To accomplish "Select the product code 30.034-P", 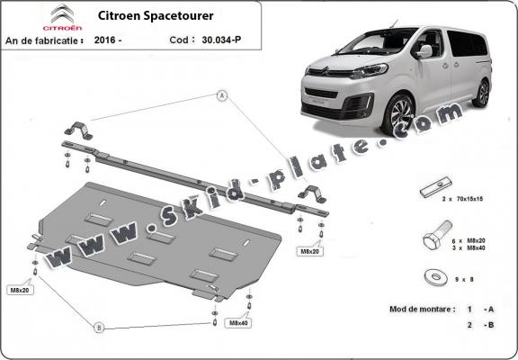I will point(219,40).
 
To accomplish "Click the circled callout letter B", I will point(100,326).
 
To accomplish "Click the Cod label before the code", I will point(179,40).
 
